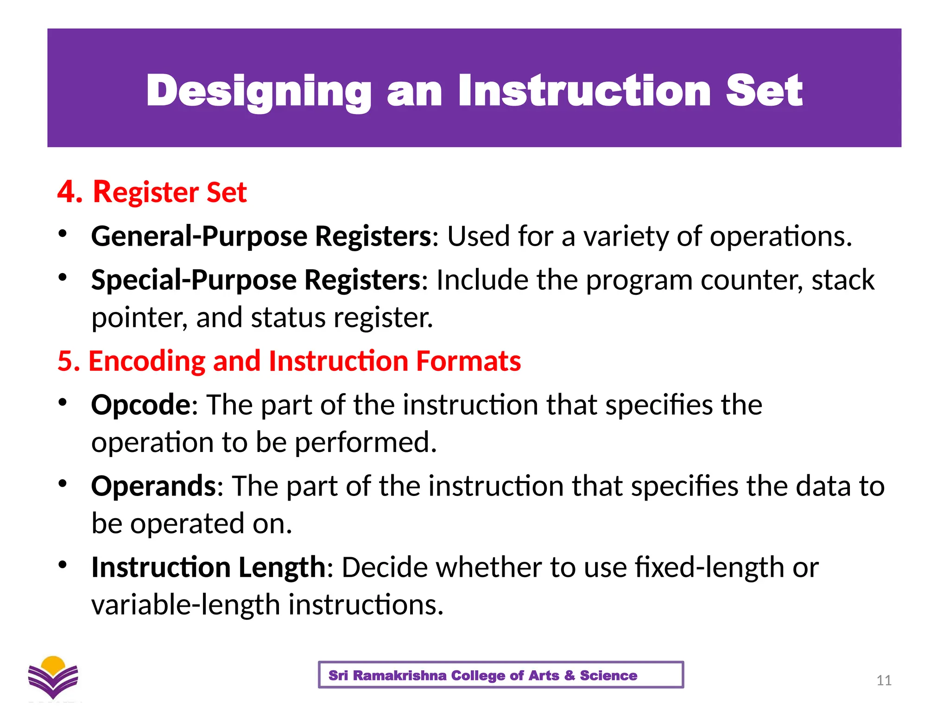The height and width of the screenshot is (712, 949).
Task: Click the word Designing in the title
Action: (x=259, y=91)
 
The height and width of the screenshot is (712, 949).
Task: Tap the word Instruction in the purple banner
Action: (x=584, y=91)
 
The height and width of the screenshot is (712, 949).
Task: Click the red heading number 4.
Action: (x=70, y=191)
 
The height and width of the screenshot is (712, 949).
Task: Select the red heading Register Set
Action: (x=170, y=191)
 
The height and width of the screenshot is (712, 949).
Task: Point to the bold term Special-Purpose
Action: (x=194, y=280)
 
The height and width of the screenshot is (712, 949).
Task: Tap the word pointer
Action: (x=139, y=318)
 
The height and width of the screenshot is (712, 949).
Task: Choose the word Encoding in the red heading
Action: (x=146, y=361)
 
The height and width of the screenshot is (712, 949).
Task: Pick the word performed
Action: (x=366, y=442)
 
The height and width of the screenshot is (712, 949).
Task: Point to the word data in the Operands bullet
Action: (x=823, y=486)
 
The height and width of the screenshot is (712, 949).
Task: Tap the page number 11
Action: (x=884, y=680)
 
